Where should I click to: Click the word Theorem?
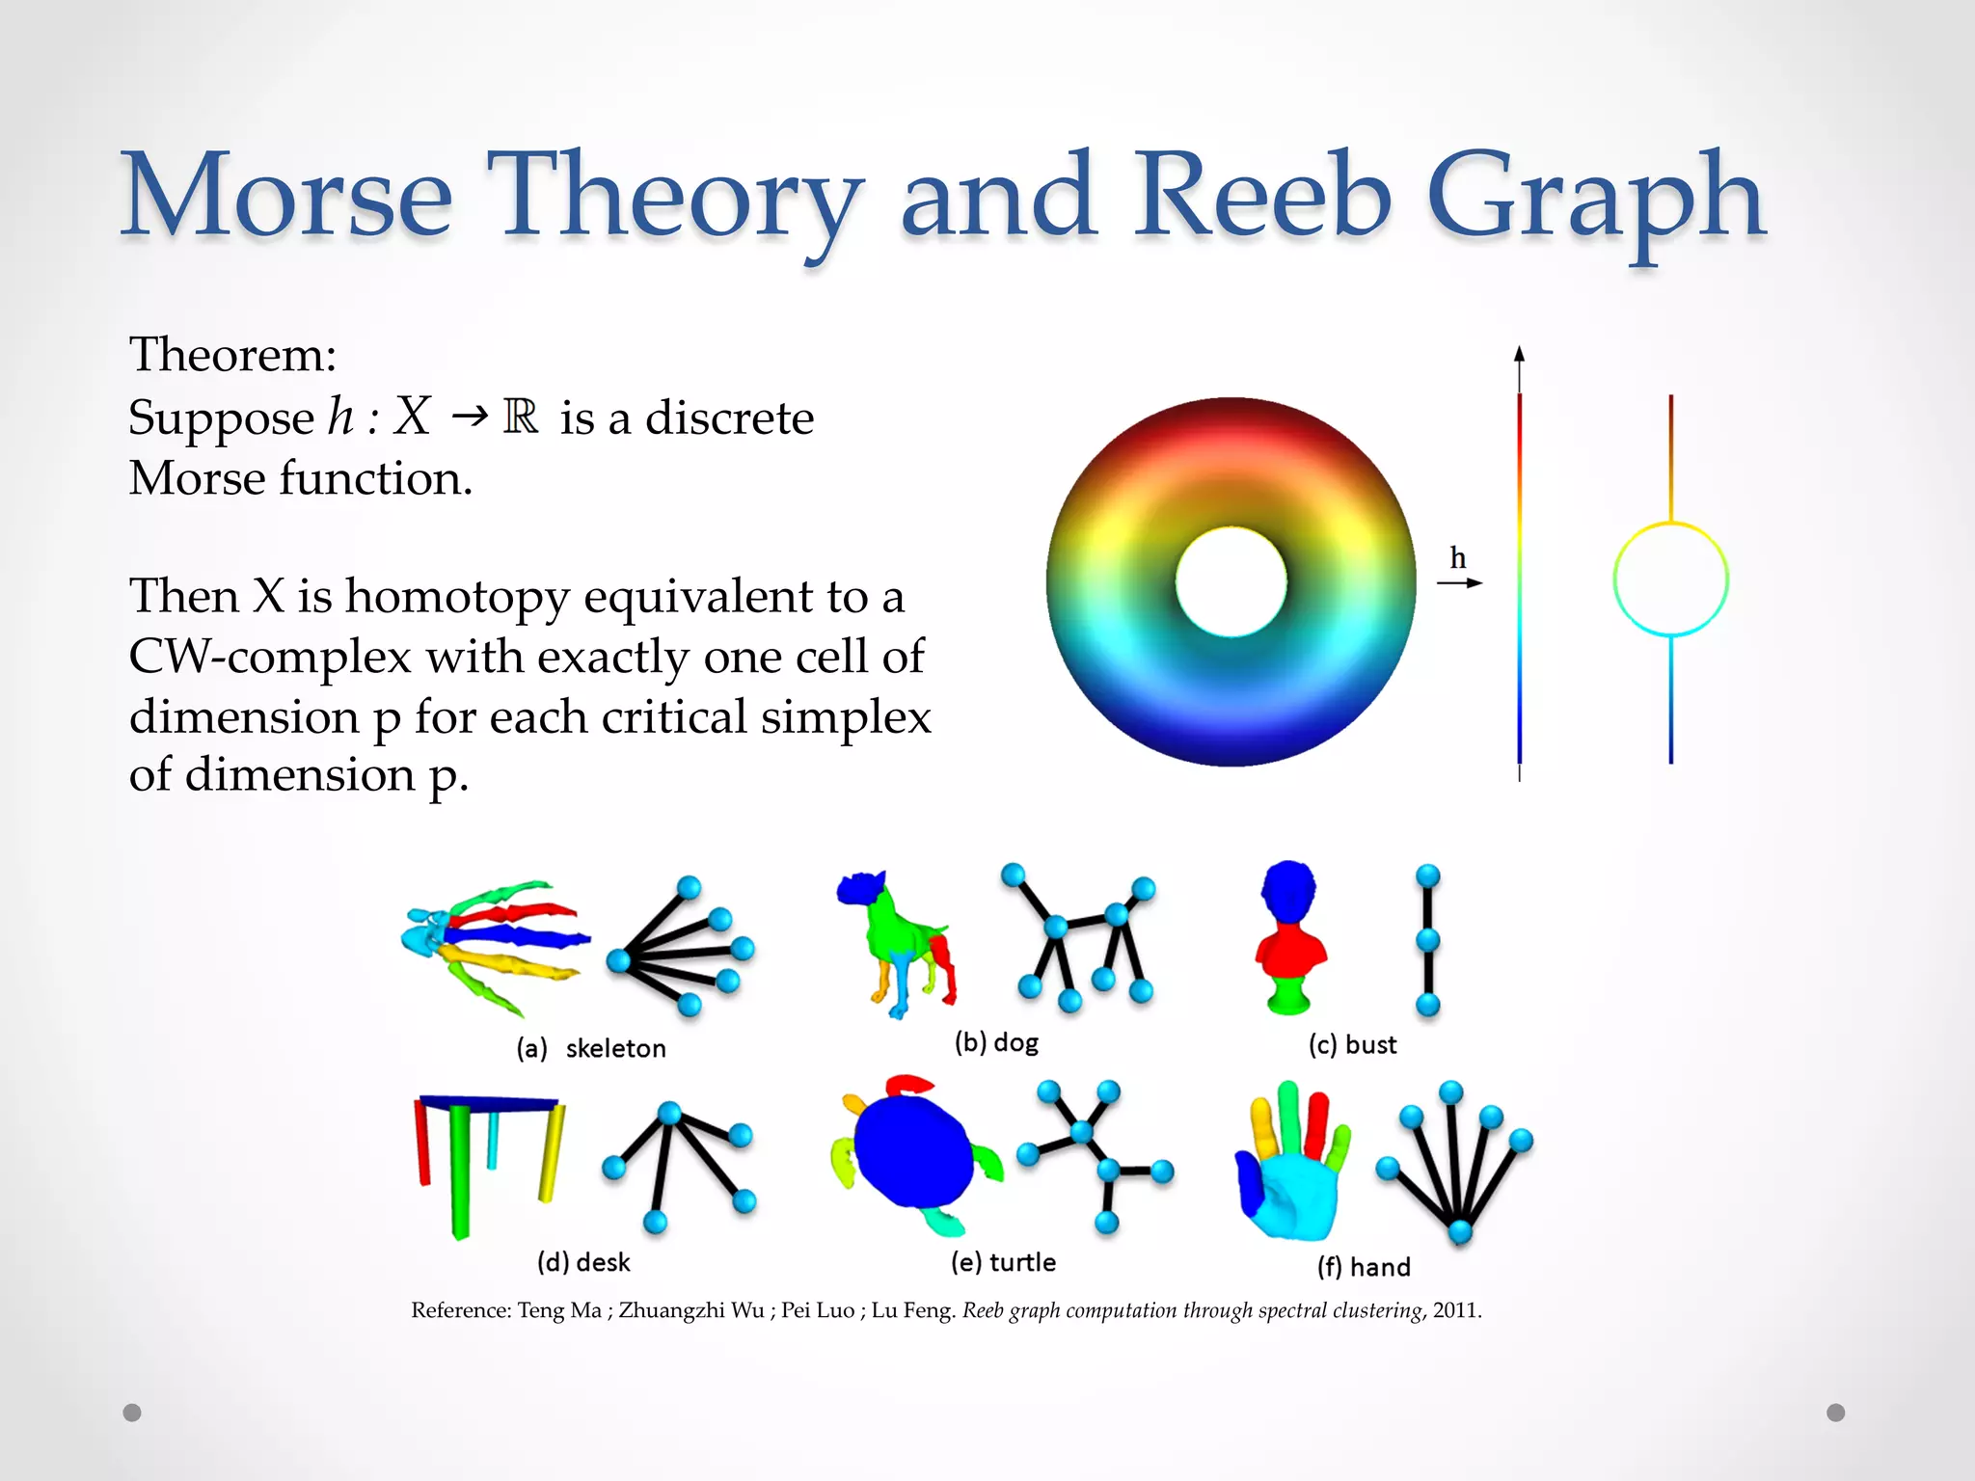tap(232, 355)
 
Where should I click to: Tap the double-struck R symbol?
tap(521, 417)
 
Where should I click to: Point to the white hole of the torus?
tap(1231, 581)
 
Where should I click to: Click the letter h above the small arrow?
tap(1458, 558)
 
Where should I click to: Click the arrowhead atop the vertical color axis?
tap(1519, 354)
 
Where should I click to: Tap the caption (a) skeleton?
tap(591, 1048)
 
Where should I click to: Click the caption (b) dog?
tap(996, 1042)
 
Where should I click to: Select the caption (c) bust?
tap(1352, 1045)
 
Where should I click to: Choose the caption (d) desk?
tap(583, 1262)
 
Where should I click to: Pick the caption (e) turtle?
tap(1003, 1262)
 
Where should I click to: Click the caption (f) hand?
tap(1364, 1267)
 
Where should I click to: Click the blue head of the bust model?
tap(1288, 892)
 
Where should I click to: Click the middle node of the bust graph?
tap(1428, 939)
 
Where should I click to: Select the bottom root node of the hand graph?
tap(1460, 1231)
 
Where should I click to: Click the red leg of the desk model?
tap(422, 1143)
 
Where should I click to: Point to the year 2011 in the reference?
tap(1455, 1310)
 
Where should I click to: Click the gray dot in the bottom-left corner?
tap(132, 1413)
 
